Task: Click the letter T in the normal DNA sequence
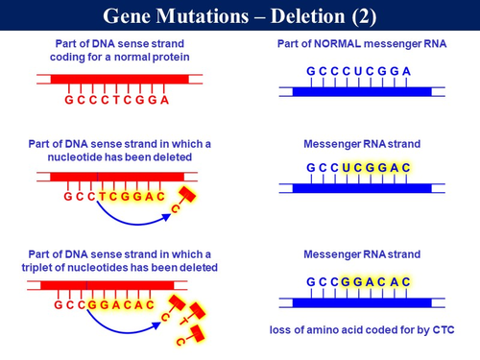coord(119,100)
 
